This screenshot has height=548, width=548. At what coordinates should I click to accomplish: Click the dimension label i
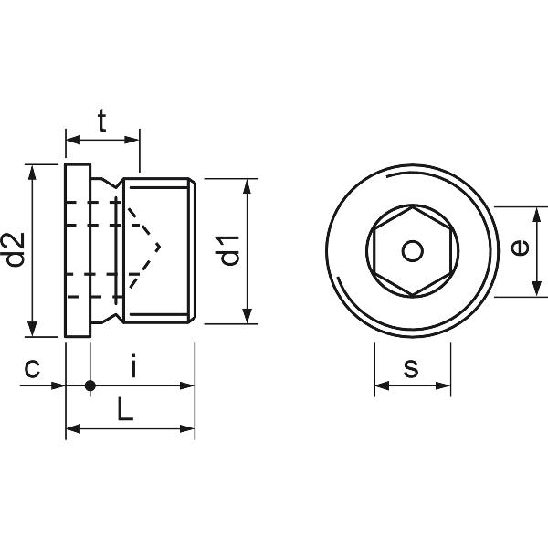coord(133,367)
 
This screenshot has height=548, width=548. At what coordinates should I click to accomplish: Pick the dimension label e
coord(518,248)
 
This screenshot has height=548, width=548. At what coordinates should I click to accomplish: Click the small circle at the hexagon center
coord(413,250)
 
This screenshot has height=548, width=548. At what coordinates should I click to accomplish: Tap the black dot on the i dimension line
coord(90,385)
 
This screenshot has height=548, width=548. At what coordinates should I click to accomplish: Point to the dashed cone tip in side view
coord(159,246)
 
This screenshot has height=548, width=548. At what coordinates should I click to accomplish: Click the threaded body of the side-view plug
coord(160,274)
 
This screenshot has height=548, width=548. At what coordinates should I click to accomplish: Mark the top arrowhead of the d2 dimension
coord(33,171)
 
